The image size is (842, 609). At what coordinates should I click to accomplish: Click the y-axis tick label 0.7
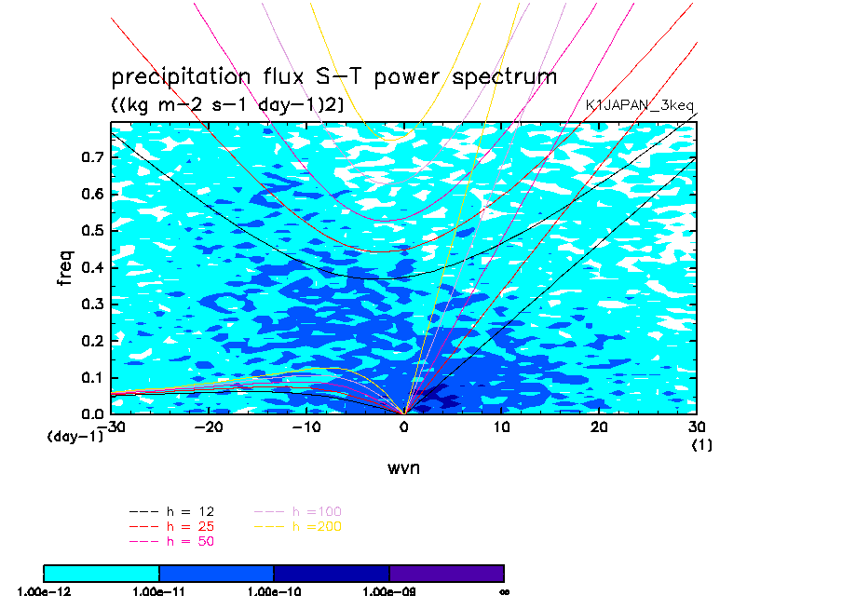[91, 157]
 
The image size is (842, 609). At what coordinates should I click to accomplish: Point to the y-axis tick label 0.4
[91, 267]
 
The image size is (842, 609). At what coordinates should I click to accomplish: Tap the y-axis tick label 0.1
[91, 377]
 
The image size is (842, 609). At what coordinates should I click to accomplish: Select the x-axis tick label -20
[209, 426]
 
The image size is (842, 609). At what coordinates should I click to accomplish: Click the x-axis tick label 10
[501, 426]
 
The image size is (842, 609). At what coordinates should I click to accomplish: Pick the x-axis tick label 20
[599, 426]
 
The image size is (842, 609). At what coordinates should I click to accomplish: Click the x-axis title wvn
[403, 467]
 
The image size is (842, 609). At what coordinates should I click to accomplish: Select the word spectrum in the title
[504, 77]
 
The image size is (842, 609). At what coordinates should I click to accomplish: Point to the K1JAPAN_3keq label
[640, 106]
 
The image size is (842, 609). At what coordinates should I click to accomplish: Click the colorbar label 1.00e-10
[274, 591]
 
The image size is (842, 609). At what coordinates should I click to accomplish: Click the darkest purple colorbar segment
[447, 574]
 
